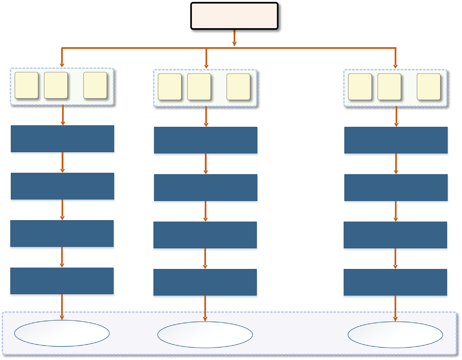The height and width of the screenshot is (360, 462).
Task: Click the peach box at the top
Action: pos(234,16)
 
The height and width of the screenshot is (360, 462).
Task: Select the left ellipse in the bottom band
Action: pos(62,333)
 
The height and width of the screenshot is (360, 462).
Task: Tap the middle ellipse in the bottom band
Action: pos(205,335)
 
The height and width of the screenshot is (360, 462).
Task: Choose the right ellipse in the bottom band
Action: pos(395,335)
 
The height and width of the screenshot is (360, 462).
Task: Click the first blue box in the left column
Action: pos(62,139)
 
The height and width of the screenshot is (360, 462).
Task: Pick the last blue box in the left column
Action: pos(62,281)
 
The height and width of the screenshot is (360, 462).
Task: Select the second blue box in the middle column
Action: pos(205,188)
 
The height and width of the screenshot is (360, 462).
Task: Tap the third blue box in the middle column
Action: pos(205,235)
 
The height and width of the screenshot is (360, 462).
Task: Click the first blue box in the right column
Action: pos(396,140)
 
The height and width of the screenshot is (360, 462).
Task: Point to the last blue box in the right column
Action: pos(395,282)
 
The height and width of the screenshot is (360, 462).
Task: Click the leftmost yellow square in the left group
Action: pos(27,85)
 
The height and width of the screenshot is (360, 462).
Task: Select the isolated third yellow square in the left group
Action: pos(95,85)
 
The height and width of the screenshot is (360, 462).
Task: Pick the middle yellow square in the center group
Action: pos(199,87)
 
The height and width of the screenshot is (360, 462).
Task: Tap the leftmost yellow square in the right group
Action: pos(360,87)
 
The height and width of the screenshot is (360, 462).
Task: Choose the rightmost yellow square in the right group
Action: pos(428,87)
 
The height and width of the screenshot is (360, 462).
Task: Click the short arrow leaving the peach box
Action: pos(234,38)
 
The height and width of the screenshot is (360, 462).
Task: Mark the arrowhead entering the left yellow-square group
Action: pos(62,65)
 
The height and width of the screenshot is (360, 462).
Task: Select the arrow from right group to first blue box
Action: pos(396,117)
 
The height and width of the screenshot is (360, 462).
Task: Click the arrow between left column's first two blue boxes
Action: pos(62,162)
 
